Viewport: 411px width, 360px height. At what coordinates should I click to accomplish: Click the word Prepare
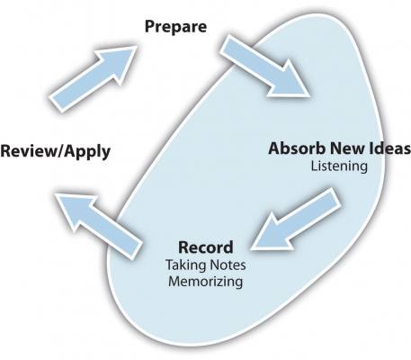click(175, 27)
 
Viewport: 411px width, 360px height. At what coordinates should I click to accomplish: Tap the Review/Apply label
click(56, 151)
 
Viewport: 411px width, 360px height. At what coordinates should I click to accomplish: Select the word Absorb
click(298, 148)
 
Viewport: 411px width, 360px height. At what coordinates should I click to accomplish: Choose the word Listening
click(339, 166)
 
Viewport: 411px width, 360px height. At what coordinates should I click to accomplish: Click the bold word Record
click(206, 247)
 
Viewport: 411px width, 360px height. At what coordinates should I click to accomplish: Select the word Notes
click(228, 265)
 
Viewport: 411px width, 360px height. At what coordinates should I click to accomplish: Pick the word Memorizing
click(206, 282)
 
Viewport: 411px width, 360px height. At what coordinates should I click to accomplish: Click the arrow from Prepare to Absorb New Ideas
click(264, 67)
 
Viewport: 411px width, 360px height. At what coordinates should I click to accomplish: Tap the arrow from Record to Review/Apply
click(99, 226)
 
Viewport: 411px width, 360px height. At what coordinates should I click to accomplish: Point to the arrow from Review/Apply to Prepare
click(93, 79)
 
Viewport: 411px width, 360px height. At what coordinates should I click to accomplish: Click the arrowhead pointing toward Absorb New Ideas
click(290, 80)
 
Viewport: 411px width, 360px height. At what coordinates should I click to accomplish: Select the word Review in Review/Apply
click(29, 151)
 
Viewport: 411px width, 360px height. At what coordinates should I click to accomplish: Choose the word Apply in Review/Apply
click(87, 152)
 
